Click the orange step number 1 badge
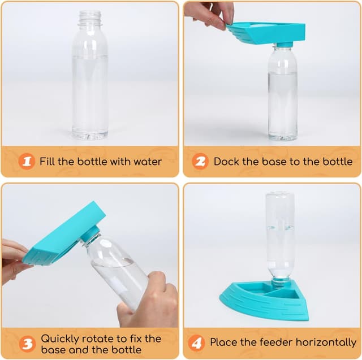[x=26, y=162]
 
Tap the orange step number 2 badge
[x=200, y=162]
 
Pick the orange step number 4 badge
[x=196, y=342]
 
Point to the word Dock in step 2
[x=227, y=162]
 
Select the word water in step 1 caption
[x=146, y=162]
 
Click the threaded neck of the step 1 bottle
[x=89, y=19]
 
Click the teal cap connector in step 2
[x=283, y=45]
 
